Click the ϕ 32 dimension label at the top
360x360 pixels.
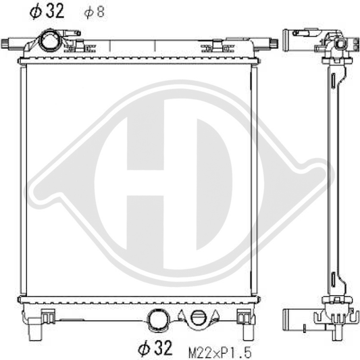tap(47, 11)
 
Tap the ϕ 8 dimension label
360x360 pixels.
tap(95, 12)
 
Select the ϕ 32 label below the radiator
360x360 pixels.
tap(155, 348)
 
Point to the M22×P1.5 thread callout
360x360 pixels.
tap(220, 352)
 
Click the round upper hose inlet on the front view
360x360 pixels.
tap(49, 41)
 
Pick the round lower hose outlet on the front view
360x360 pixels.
tap(158, 320)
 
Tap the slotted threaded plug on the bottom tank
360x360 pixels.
tap(199, 318)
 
